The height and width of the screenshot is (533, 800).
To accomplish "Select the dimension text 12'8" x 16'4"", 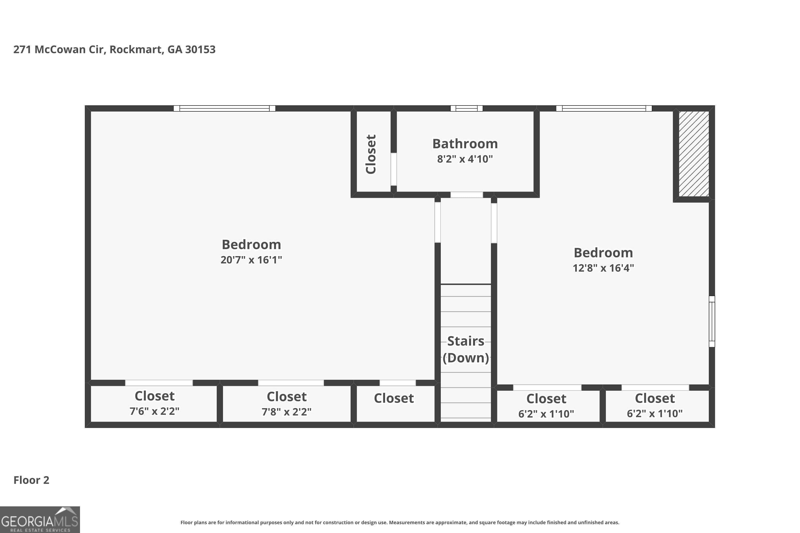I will click(x=603, y=268).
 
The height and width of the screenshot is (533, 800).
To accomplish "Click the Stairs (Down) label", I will click(x=465, y=349).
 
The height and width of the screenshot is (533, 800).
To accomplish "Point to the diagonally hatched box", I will click(x=694, y=154).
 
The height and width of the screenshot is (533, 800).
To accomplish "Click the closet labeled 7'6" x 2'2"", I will click(x=154, y=403).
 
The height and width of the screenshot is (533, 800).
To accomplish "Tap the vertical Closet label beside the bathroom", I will click(x=371, y=154).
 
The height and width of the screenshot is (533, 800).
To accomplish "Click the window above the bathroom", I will click(x=466, y=108).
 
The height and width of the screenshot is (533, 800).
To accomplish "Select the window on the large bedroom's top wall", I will click(x=224, y=108).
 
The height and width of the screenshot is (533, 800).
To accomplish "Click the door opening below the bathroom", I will click(x=466, y=195).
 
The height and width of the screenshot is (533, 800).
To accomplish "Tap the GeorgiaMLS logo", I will click(x=40, y=520).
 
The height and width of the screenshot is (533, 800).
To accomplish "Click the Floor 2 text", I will click(x=31, y=480).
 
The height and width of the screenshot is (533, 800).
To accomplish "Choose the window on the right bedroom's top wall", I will click(x=604, y=108).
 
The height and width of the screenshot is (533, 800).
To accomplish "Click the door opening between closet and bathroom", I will click(x=394, y=169).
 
